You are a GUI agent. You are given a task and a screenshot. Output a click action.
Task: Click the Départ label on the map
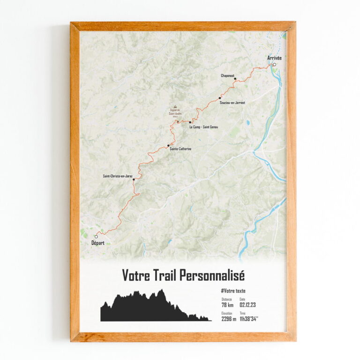click(x=96, y=243)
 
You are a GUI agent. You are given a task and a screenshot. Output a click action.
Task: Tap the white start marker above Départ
click(x=96, y=236)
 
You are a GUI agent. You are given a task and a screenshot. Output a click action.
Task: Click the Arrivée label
click(x=275, y=58)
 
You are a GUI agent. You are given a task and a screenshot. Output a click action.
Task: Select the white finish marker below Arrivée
click(x=274, y=65)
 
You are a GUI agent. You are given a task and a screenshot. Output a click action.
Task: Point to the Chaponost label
click(x=228, y=75)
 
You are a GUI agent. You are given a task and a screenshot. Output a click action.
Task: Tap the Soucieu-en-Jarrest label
click(x=232, y=102)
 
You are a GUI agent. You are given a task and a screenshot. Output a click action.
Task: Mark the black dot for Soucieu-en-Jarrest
click(x=219, y=98)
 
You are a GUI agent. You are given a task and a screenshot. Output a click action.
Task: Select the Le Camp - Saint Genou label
click(x=203, y=127)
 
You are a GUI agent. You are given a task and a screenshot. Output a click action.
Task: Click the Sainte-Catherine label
click(x=180, y=149)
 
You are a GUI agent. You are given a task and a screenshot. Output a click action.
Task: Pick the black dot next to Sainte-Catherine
click(x=168, y=146)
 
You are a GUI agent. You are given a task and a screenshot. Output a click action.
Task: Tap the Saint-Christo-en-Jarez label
click(x=118, y=176)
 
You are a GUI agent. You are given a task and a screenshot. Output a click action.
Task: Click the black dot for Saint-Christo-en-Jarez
click(x=134, y=180)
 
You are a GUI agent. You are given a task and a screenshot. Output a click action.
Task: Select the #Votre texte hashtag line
click(x=233, y=291)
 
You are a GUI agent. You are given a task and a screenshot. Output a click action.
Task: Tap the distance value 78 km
click(x=227, y=305)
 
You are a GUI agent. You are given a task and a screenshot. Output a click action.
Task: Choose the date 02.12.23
click(x=249, y=305)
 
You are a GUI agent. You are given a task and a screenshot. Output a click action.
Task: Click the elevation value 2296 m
click(x=229, y=319)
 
